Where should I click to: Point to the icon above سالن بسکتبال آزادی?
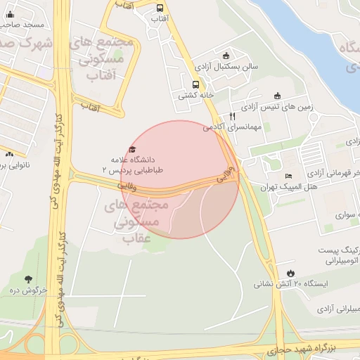[225, 56]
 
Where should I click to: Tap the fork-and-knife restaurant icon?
[232, 117]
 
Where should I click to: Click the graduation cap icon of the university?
[132, 149]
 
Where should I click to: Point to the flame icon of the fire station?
[290, 273]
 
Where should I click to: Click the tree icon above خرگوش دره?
[27, 279]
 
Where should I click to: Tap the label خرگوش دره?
[28, 290]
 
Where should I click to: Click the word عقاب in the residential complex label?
[138, 240]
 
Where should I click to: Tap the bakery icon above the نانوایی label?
[9, 154]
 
